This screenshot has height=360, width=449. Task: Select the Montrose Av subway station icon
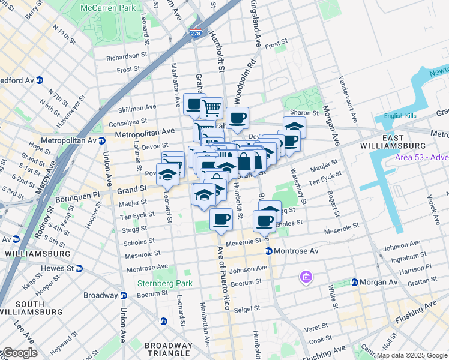pyautogui.click(x=268, y=251)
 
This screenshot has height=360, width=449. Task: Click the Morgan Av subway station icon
pyautogui.click(x=355, y=282)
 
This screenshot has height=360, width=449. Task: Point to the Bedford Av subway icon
pyautogui.click(x=40, y=80)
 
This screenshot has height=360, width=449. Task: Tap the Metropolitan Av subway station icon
pyautogui.click(x=102, y=141)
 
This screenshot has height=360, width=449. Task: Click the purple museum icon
pyautogui.click(x=306, y=278)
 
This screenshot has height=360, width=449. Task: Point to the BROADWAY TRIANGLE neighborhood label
pyautogui.click(x=169, y=350)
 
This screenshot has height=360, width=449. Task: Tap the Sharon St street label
pyautogui.click(x=304, y=113)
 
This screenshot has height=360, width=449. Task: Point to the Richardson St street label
pyautogui.click(x=127, y=57)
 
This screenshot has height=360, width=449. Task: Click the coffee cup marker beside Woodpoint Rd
pyautogui.click(x=237, y=118)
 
